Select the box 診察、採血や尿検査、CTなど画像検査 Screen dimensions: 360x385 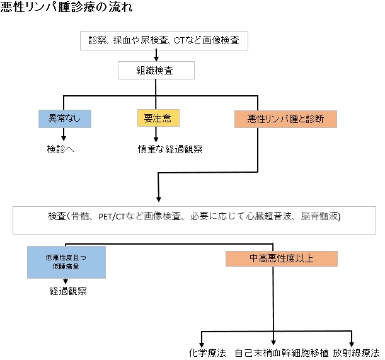(160, 42)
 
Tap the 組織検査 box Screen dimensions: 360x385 (155, 71)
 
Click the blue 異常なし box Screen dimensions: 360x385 (64, 118)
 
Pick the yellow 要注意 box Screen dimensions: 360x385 (158, 118)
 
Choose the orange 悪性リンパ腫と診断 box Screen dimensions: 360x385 (285, 119)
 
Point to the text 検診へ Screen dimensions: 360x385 (60, 149)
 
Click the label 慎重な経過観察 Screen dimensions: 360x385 (171, 149)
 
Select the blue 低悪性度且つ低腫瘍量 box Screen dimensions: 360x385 (66, 262)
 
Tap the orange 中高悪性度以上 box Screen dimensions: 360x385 (282, 258)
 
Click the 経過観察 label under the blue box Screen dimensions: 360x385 (69, 291)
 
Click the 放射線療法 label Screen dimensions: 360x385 (357, 352)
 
